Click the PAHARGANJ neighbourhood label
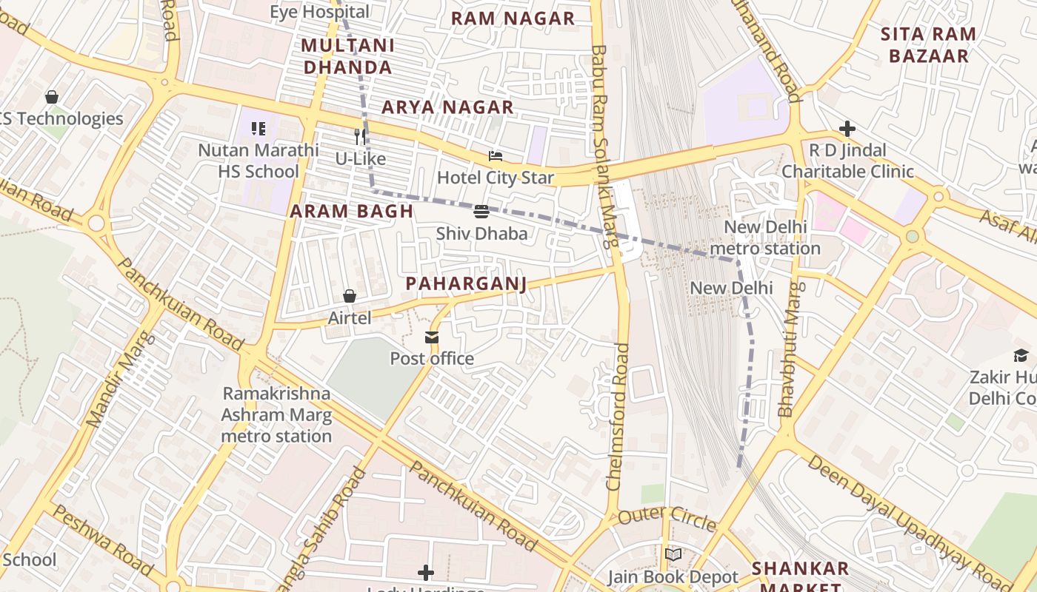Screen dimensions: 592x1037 (466, 284)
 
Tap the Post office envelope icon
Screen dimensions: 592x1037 (432, 338)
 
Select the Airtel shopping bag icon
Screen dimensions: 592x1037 (350, 297)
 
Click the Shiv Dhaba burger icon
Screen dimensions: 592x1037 (481, 212)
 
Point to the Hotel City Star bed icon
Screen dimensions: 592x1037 (496, 156)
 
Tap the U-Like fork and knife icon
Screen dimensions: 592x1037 (361, 137)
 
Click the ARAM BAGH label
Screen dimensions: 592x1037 (351, 212)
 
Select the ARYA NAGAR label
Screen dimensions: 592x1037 (447, 108)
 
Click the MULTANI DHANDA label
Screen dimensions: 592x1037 (347, 56)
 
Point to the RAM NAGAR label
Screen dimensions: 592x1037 (513, 18)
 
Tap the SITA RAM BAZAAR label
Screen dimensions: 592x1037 (928, 45)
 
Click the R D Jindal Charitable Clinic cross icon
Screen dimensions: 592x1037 (847, 129)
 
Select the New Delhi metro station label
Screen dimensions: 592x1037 (765, 238)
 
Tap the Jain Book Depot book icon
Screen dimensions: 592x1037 (673, 555)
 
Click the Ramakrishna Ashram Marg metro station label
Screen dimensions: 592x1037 (276, 414)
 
